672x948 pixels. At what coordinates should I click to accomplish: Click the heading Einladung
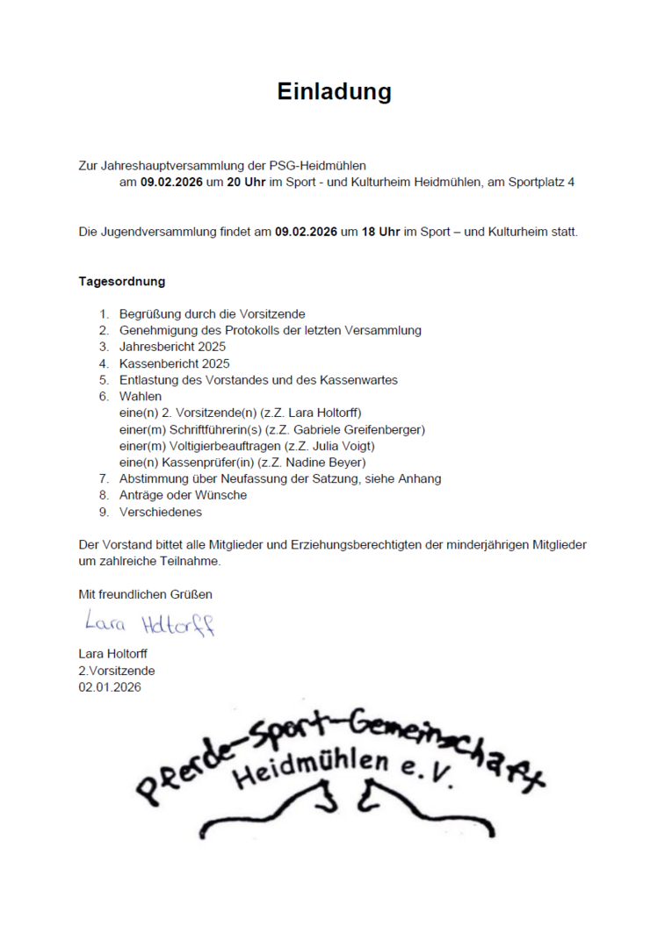tap(335, 92)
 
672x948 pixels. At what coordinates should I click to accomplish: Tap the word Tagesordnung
tap(122, 282)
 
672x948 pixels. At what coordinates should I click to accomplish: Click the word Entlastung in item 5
tap(148, 380)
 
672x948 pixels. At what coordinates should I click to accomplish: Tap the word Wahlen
tap(141, 397)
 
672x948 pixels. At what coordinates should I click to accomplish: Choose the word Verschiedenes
tap(161, 512)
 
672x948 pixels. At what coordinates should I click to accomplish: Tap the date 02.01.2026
tap(110, 687)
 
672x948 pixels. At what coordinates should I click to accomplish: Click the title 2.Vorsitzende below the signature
tap(117, 671)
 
